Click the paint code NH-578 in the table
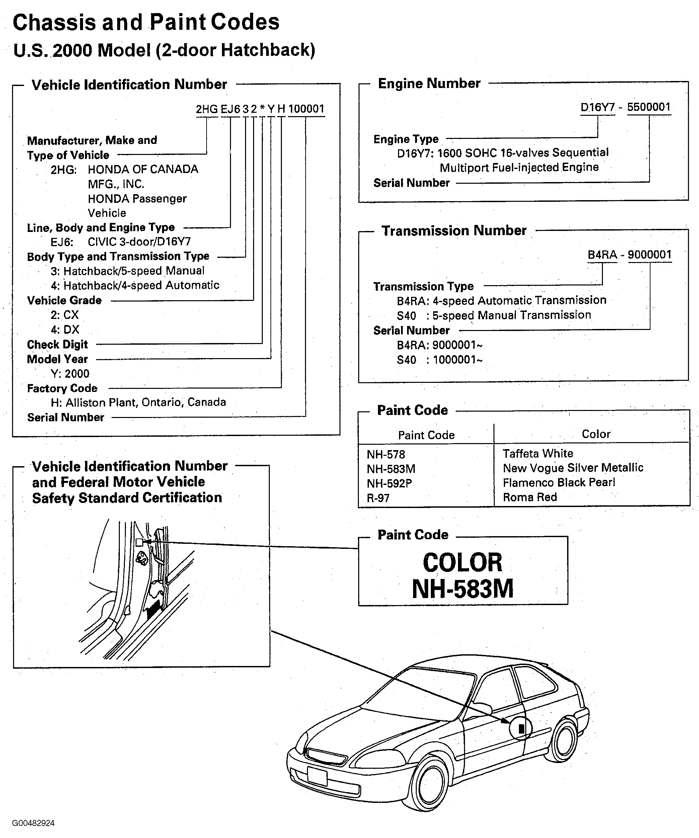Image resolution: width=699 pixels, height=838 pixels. click(x=386, y=454)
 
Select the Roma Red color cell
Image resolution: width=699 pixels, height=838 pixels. click(x=529, y=497)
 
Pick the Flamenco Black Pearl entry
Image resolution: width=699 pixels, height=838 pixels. click(x=558, y=483)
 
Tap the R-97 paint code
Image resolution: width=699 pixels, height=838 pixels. click(x=378, y=498)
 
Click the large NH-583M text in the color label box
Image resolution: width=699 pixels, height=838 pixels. click(x=462, y=589)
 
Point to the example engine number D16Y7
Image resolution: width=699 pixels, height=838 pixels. click(x=597, y=107)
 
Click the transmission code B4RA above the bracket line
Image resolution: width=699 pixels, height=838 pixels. click(x=602, y=255)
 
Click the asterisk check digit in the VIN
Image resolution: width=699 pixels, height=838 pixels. click(x=262, y=109)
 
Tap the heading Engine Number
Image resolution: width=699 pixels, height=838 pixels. click(x=429, y=83)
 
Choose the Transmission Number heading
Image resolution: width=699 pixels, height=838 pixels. click(x=454, y=231)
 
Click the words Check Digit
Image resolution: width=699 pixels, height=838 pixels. click(x=57, y=344)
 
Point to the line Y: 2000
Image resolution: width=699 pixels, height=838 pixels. click(x=70, y=374)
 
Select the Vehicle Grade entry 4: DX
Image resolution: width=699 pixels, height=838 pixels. click(x=65, y=330)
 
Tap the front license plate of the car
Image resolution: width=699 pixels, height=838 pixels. click(x=317, y=776)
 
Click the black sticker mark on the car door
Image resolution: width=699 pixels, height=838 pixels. click(x=521, y=729)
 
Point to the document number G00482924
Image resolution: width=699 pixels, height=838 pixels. click(x=33, y=823)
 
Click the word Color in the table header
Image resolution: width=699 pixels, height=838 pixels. click(x=596, y=434)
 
